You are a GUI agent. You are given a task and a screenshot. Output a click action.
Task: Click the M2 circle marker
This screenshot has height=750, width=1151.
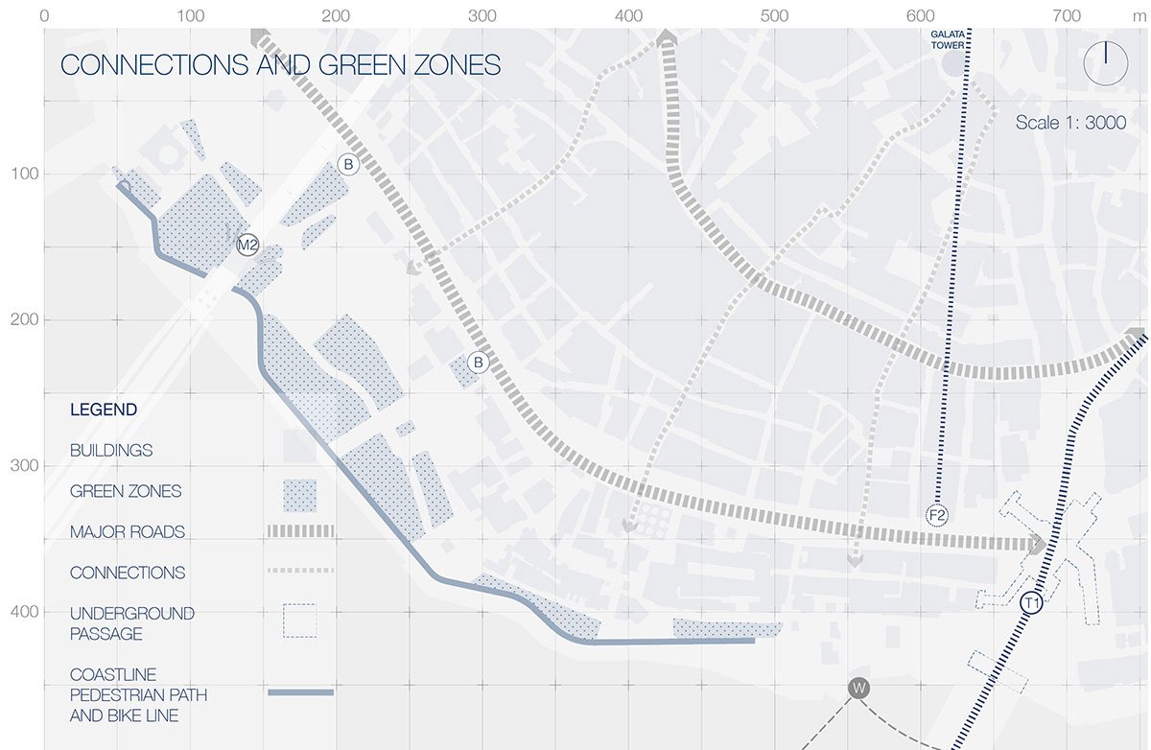coord(247,245)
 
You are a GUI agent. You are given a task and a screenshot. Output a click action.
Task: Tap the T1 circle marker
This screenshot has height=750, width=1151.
coord(1031,603)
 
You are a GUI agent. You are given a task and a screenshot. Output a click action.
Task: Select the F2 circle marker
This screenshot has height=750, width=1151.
coord(937,516)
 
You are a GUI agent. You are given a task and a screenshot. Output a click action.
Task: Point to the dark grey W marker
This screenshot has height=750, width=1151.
coord(858,688)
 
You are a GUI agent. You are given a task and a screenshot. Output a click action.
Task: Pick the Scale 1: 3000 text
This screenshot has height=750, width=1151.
coord(1071,124)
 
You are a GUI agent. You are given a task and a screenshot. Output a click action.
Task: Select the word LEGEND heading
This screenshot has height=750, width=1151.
coord(104,410)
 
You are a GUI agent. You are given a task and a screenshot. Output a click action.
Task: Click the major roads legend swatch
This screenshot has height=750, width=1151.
coord(300,531)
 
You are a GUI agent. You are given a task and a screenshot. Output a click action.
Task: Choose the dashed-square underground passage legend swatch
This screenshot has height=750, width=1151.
coord(298,621)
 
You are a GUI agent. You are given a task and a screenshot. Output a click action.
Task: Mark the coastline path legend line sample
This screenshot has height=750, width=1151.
coord(300,691)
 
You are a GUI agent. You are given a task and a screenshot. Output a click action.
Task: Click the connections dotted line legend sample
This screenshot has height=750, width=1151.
coord(300,571)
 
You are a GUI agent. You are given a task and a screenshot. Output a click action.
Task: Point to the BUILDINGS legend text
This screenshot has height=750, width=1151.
coord(111,450)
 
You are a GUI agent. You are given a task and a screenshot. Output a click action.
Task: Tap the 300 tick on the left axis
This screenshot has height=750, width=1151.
coord(22,466)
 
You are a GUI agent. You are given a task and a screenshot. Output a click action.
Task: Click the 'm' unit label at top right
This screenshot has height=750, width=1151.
coord(1138,16)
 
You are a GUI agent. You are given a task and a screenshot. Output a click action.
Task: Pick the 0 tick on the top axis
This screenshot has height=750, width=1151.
coord(45,16)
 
